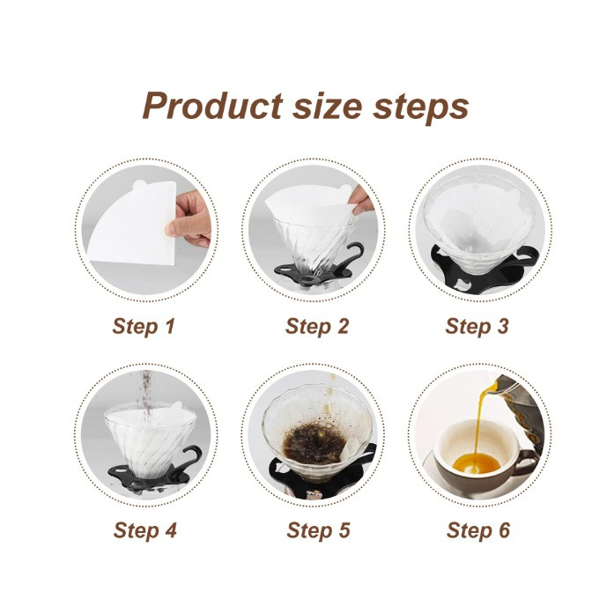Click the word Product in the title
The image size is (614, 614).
pos(212,106)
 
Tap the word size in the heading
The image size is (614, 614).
pos(327,107)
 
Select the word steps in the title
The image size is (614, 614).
pos(420,108)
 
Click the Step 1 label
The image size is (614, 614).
pos(144,327)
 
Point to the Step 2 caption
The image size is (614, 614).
pos(317,327)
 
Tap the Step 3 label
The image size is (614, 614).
pos(477,327)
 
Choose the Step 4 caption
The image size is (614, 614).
pos(144,530)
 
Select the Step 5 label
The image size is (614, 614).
pos(318,530)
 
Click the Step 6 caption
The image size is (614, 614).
pos(478,530)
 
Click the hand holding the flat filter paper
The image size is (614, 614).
pos(190,219)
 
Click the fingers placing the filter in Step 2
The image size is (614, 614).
pos(361,201)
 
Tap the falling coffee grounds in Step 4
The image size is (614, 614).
pos(147,399)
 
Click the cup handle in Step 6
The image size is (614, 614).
pos(527,462)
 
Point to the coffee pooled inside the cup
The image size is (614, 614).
pos(476,463)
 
